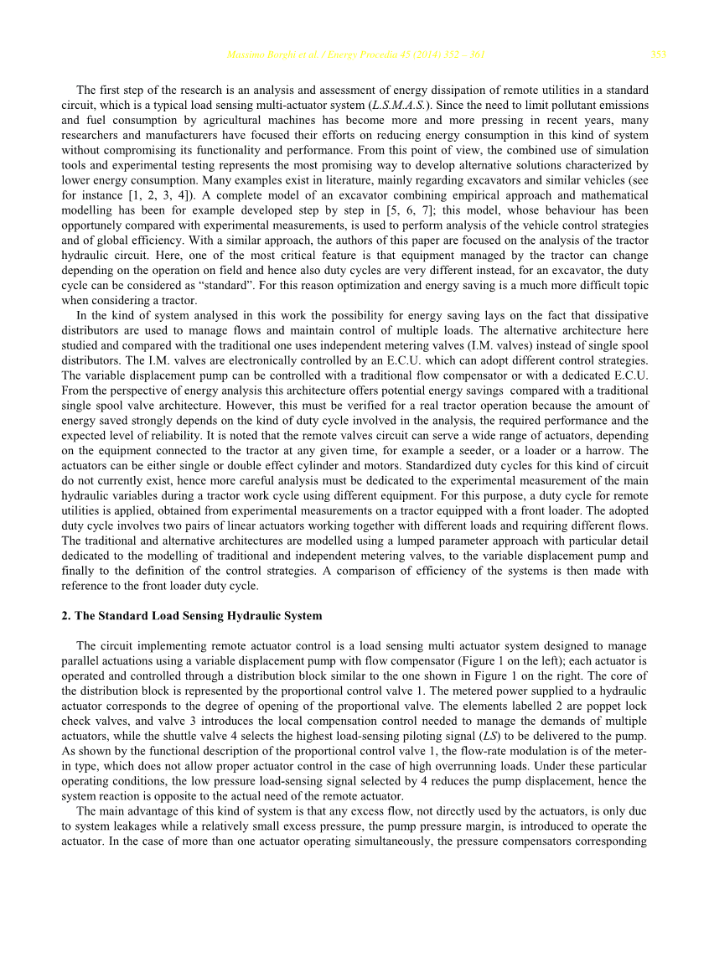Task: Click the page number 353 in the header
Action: point(659,55)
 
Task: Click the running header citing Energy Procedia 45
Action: point(356,55)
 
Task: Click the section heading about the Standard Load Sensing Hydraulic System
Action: point(192,615)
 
